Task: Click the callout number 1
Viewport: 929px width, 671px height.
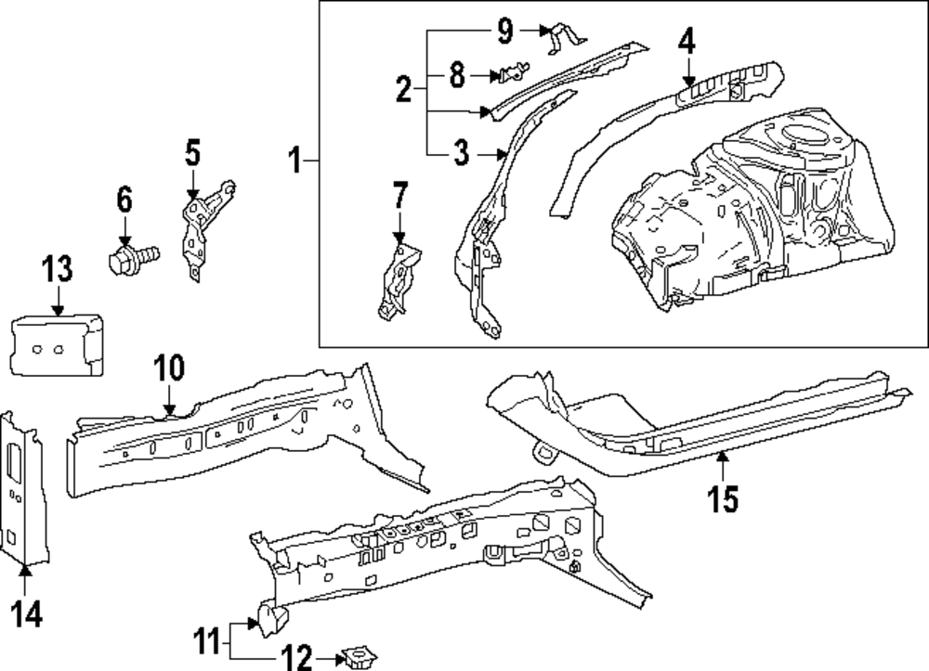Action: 294,163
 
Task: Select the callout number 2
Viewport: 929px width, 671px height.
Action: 403,90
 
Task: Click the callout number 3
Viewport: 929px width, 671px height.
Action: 462,153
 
